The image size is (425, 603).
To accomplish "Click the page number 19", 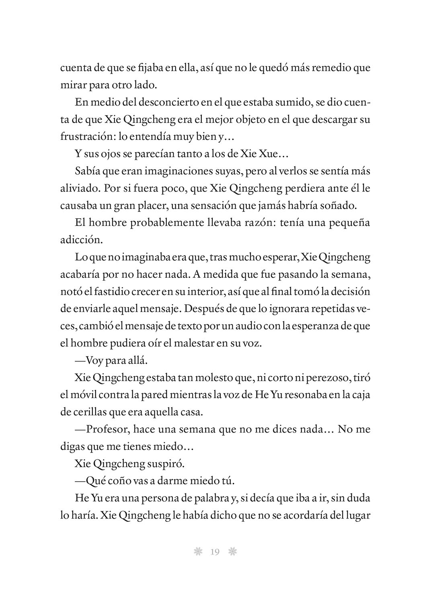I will click(214, 552).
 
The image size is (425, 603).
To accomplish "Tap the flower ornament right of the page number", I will click(232, 552).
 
